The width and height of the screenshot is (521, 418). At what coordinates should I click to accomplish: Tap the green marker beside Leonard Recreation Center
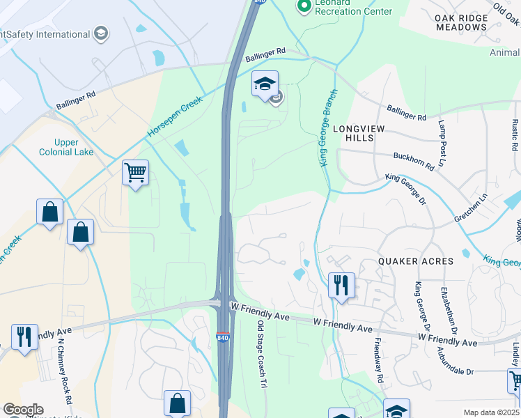[304, 7]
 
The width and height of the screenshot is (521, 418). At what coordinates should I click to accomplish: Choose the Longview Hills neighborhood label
[358, 134]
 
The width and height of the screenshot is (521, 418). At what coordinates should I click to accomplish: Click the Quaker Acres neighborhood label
[415, 261]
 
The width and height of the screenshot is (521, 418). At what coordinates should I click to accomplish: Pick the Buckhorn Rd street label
[414, 162]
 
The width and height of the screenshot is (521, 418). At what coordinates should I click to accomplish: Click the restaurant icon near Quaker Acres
[341, 285]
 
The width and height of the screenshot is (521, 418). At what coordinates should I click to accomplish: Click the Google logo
[22, 410]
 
